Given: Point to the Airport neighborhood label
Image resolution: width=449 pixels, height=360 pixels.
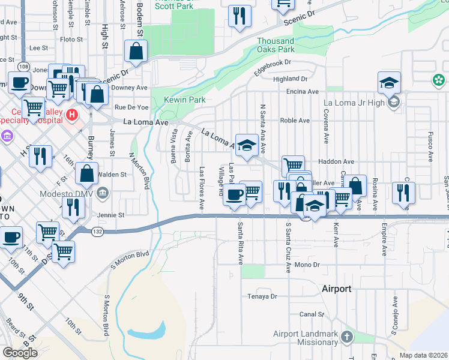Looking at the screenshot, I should [336, 289].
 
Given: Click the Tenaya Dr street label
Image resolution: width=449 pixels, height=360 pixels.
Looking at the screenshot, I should [262, 296].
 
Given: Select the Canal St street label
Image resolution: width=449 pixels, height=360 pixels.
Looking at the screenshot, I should [312, 314].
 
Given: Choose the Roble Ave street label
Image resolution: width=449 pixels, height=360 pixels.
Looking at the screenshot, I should [295, 121].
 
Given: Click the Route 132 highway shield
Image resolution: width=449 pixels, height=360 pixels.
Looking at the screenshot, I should [97, 230].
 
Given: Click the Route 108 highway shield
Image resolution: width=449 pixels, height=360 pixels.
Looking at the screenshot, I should [23, 65].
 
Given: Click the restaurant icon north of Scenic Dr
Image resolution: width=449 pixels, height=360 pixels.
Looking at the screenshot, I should [240, 16].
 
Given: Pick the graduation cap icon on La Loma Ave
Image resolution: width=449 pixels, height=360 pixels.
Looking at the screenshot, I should [246, 146].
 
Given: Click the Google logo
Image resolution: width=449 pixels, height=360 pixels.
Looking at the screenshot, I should [20, 353].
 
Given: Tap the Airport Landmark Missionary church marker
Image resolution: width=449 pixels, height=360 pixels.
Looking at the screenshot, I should [348, 335].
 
